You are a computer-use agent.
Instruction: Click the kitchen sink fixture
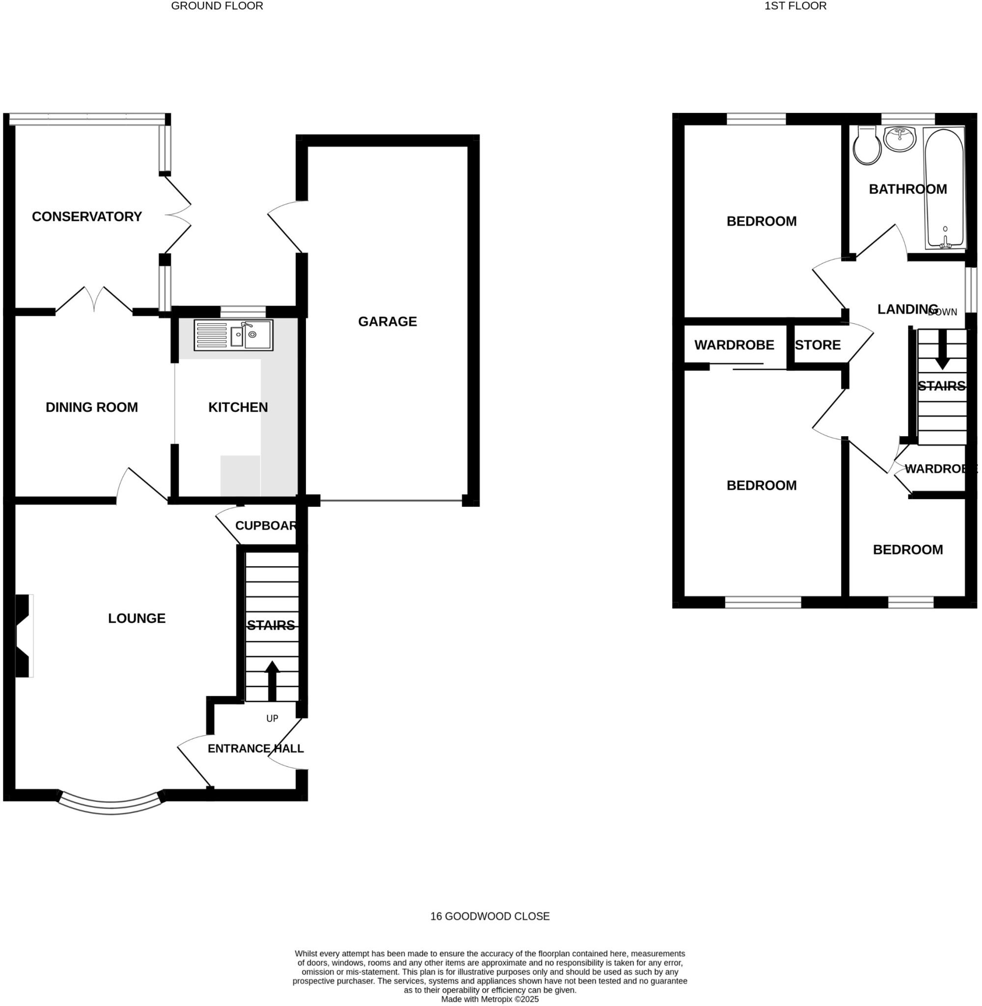[x=234, y=335]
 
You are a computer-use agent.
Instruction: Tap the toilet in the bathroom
[x=867, y=146]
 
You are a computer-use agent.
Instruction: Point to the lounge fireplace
[x=23, y=636]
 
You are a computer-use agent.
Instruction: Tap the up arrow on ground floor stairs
[x=272, y=681]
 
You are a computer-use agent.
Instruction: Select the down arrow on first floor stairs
[x=942, y=349]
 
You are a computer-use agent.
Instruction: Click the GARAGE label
[x=387, y=321]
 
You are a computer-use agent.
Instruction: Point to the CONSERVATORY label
[x=86, y=216]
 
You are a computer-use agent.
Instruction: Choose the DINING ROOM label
[x=92, y=407]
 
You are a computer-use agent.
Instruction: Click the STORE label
[x=818, y=345]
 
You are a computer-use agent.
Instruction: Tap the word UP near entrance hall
[x=272, y=718]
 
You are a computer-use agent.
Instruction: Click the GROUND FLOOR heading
[x=217, y=6]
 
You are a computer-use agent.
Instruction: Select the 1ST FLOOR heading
[x=795, y=6]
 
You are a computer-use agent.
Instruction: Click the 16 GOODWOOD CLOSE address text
[x=490, y=916]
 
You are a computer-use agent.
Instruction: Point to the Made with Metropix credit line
[x=490, y=999]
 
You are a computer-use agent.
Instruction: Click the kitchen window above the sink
[x=243, y=311]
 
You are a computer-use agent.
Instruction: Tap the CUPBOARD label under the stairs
[x=266, y=525]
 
